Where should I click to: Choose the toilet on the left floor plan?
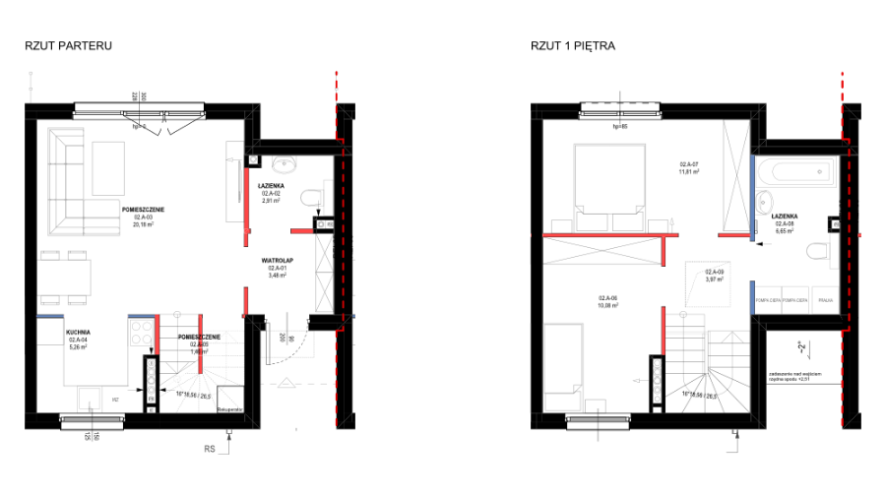316,197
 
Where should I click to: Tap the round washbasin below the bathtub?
763,203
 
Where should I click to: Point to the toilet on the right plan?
822,251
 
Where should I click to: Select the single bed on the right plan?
563,364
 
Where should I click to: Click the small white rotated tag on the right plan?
802,346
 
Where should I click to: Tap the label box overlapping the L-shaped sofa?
143,220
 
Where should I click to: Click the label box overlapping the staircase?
199,347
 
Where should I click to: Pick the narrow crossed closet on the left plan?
324,273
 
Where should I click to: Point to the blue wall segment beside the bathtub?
753,197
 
